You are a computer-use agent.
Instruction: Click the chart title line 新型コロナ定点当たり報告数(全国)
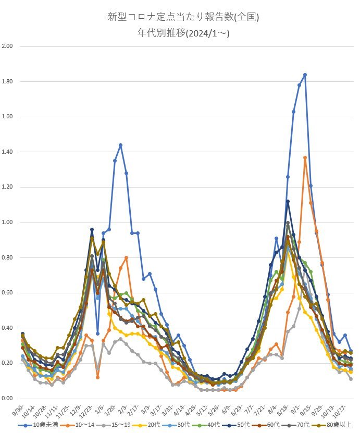183,17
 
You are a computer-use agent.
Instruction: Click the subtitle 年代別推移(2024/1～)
183,33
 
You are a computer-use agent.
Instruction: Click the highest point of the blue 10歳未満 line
305,75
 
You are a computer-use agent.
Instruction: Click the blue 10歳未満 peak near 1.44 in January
120,145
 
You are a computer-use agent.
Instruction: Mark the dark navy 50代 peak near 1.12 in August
288,201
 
